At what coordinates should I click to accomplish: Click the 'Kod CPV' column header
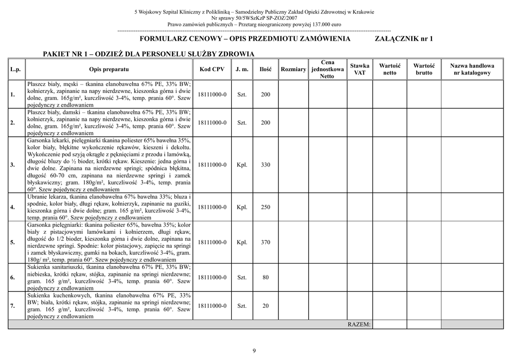(212, 69)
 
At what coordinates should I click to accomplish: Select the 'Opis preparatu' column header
(109, 69)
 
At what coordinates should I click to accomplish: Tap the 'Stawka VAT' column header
(359, 69)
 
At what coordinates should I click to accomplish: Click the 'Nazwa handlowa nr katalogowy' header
(472, 69)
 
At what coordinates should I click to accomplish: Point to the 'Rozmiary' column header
(293, 69)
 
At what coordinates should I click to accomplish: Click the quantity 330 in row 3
(265, 165)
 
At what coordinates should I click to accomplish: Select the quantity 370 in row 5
(265, 242)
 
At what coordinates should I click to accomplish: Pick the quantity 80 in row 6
(265, 277)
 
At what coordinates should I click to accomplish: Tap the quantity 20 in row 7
(265, 306)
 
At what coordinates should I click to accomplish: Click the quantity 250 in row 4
(265, 207)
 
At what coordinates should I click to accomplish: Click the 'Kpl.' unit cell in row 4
(242, 207)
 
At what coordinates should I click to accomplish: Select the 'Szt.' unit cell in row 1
(242, 94)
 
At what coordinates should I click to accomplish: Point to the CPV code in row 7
(212, 306)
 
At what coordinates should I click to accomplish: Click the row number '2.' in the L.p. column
(12, 123)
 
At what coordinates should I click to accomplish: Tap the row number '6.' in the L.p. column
(12, 277)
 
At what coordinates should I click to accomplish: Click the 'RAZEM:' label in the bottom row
(359, 325)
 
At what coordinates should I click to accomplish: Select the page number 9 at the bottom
(254, 351)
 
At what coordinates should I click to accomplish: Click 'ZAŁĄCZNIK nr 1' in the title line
(403, 39)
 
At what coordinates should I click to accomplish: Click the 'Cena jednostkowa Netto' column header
(327, 69)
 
